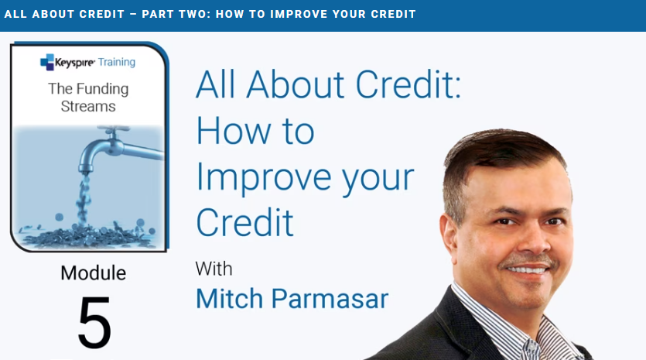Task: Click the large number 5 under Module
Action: (x=94, y=323)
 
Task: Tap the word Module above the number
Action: (x=93, y=273)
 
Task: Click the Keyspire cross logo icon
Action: (x=47, y=62)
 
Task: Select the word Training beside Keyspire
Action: (x=117, y=62)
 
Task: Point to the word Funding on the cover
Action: (x=103, y=90)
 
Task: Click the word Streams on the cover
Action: (x=88, y=106)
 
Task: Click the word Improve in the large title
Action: (x=264, y=179)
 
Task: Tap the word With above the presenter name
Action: (x=214, y=269)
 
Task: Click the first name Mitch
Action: (x=229, y=299)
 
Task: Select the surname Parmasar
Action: (x=330, y=299)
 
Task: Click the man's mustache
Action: (x=528, y=262)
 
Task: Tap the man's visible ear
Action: (x=447, y=235)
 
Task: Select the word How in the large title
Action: (x=233, y=131)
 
